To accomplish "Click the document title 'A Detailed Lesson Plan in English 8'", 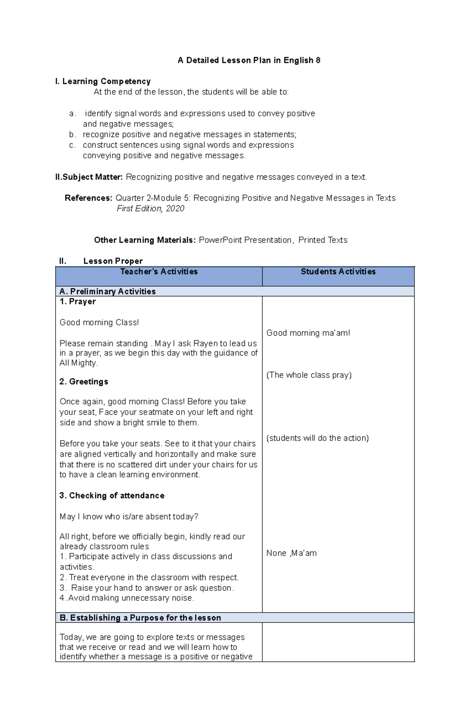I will (249, 60).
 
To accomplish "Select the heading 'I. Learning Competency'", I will (103, 81).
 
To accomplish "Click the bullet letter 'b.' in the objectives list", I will (72, 134).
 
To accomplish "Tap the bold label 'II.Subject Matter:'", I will (89, 177).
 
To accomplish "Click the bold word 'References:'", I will (89, 198).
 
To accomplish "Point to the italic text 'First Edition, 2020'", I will (150, 208).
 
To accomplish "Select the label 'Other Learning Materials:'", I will (145, 240).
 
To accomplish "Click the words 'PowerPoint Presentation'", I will (245, 240).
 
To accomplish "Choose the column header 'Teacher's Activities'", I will (159, 272).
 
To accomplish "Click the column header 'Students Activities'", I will (338, 272).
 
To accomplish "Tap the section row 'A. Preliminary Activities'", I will (108, 292).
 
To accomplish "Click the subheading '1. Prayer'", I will (78, 301).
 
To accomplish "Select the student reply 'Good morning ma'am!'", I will (308, 333).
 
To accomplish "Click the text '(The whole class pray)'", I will (309, 375).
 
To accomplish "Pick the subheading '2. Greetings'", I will (84, 382).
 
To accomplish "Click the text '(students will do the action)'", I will (318, 438).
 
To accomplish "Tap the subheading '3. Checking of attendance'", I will (112, 496).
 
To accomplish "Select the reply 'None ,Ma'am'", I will (292, 553).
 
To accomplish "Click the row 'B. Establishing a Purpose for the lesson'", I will (140, 618).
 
